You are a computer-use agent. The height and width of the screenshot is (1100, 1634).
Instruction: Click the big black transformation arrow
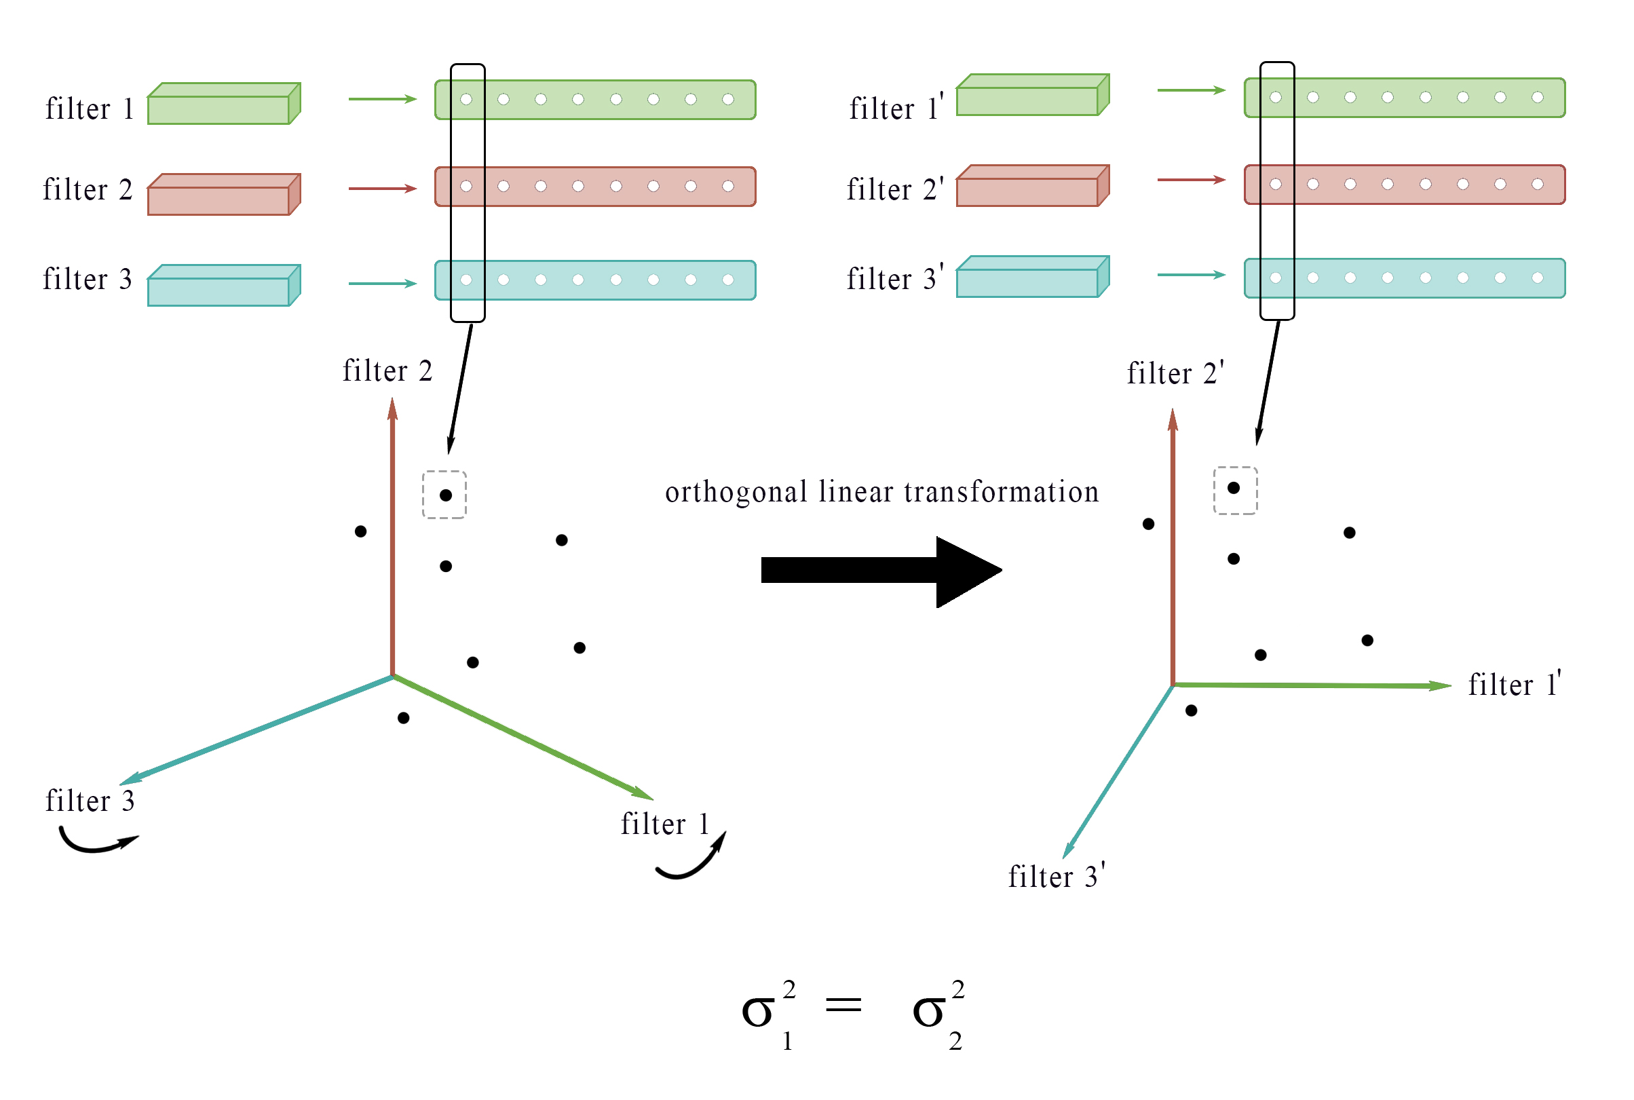click(881, 572)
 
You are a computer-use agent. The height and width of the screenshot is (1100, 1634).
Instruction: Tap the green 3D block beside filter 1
click(225, 104)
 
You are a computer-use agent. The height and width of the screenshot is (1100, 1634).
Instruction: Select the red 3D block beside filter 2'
click(1033, 186)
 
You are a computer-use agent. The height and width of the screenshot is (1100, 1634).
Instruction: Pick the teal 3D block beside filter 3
click(225, 286)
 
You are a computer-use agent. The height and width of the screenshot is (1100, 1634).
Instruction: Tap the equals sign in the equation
click(843, 1006)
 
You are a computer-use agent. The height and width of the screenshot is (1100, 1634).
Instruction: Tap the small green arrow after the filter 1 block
click(383, 100)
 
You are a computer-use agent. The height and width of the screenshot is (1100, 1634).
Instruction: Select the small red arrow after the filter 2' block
click(1192, 181)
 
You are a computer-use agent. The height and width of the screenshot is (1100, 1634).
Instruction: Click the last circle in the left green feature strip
click(728, 100)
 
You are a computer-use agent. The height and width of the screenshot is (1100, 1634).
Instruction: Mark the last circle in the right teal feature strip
click(1537, 278)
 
